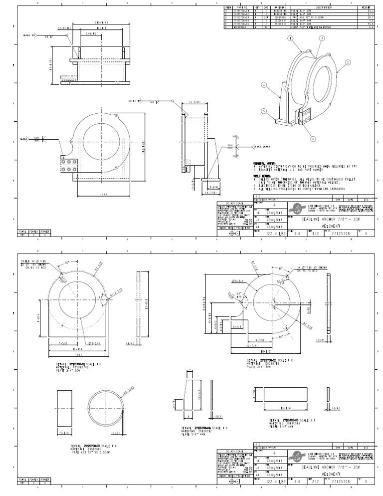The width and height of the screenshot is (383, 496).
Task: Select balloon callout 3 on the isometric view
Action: click(x=322, y=38)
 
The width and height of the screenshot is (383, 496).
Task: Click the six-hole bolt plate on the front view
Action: click(x=67, y=166)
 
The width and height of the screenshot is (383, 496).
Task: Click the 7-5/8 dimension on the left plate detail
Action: click(x=62, y=344)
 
